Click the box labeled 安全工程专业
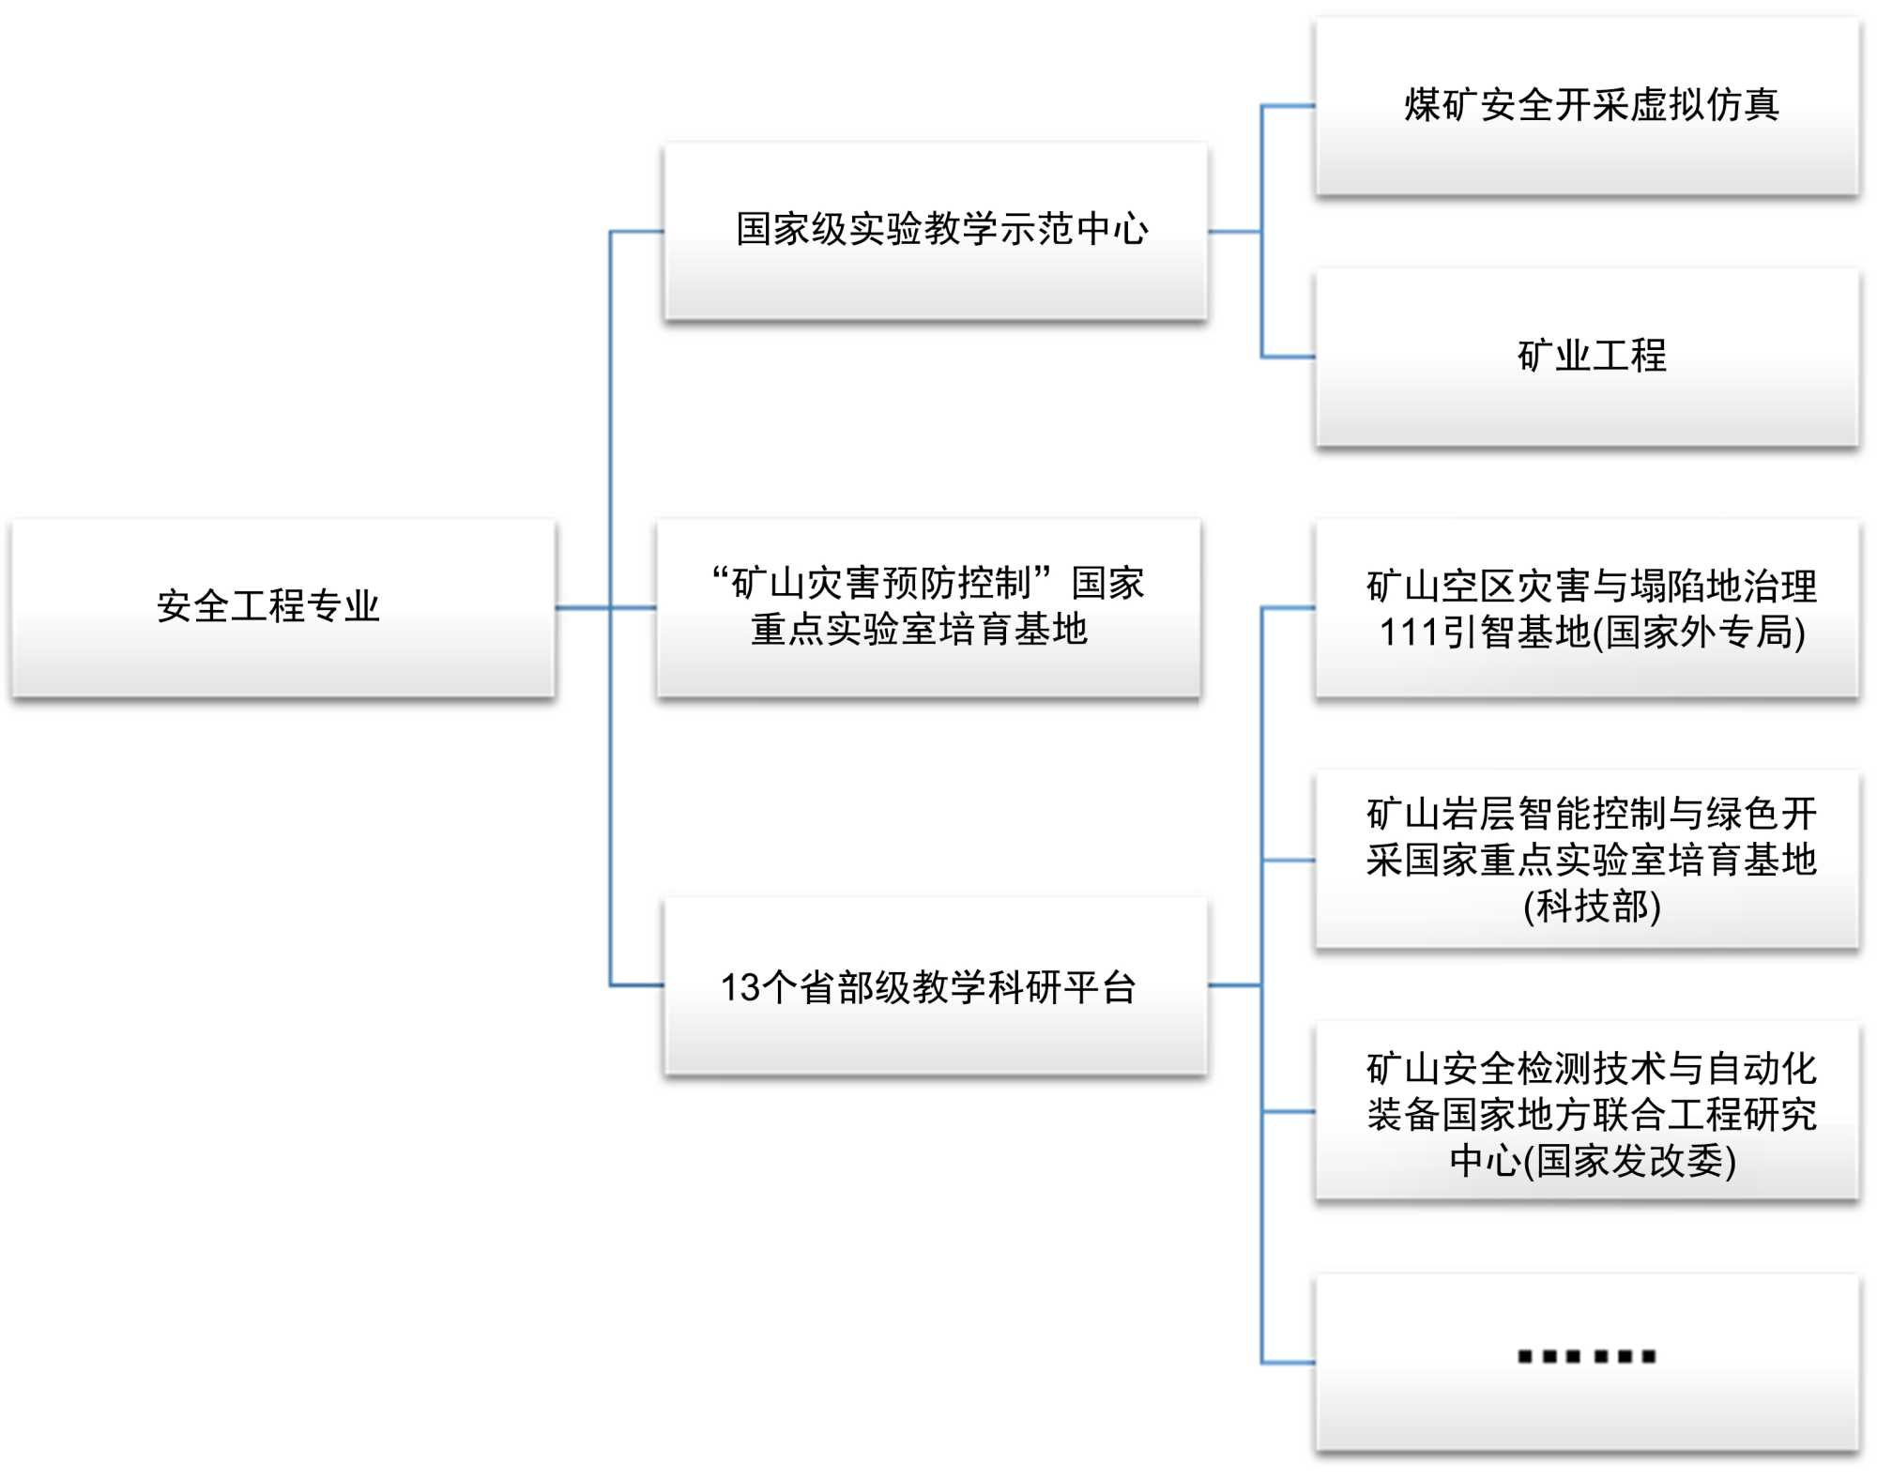point(282,607)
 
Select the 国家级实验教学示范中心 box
point(935,231)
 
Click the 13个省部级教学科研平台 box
point(935,985)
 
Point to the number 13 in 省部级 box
point(740,988)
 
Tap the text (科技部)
point(1592,907)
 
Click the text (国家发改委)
point(1629,1161)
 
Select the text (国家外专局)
point(1700,633)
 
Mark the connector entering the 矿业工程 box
point(1288,357)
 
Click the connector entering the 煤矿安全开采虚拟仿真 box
point(1288,106)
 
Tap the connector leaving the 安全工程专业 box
point(582,607)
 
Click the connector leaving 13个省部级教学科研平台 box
point(1233,985)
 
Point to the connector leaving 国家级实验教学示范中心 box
point(1233,231)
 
